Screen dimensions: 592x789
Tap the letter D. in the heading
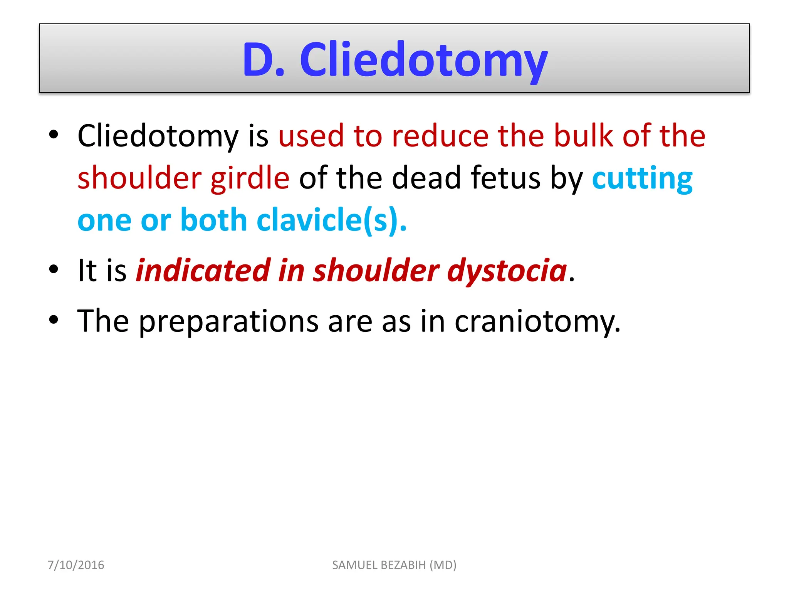(264, 60)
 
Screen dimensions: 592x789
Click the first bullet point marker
(54, 135)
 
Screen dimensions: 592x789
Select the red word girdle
(250, 178)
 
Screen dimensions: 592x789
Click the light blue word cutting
(642, 178)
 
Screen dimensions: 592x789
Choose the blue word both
(213, 220)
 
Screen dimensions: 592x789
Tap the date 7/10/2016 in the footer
(76, 565)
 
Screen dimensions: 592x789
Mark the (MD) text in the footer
(443, 565)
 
